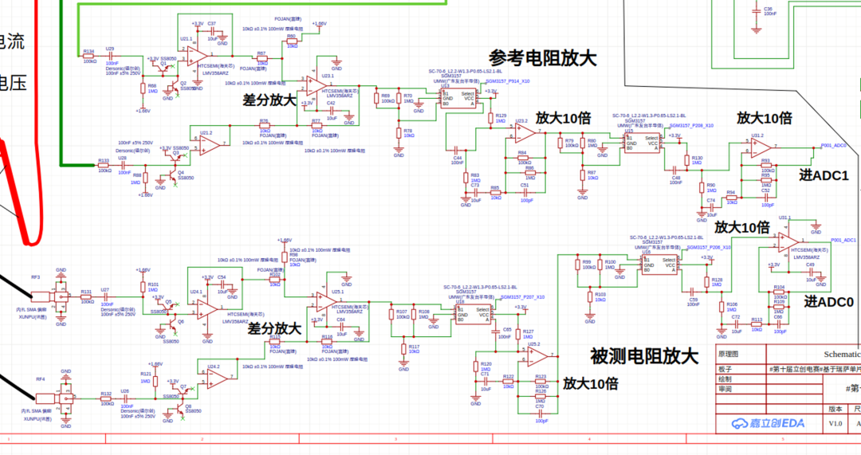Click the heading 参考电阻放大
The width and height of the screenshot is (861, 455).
[542, 59]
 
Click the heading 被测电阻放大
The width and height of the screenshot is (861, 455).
[643, 355]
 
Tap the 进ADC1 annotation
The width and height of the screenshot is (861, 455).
[824, 175]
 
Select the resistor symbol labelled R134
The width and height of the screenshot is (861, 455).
[89, 57]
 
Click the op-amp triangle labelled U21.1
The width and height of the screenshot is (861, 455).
[195, 53]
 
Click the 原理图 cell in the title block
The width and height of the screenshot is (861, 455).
[729, 354]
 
